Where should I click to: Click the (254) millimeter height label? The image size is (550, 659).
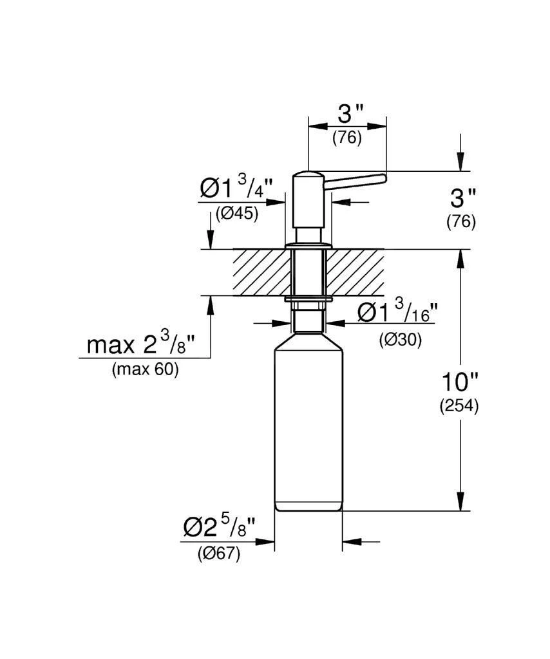(x=459, y=406)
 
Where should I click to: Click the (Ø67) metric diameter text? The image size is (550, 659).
(x=219, y=553)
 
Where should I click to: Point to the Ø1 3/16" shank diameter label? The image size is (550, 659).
(x=397, y=314)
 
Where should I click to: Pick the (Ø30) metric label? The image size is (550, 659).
(x=400, y=340)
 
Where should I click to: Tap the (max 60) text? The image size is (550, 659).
(x=146, y=370)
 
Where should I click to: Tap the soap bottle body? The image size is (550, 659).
(x=308, y=425)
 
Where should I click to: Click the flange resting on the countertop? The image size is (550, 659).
(x=308, y=245)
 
